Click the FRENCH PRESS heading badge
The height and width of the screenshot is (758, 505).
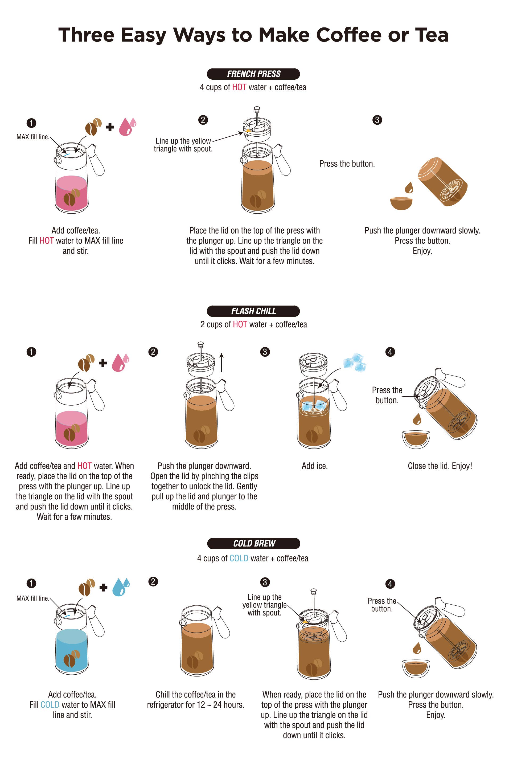click(x=253, y=74)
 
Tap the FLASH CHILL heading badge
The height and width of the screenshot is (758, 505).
click(x=253, y=311)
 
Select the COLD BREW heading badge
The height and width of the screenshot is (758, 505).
click(x=254, y=543)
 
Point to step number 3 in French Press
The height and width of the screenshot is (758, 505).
click(x=377, y=120)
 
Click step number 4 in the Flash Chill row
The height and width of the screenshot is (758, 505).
click(x=390, y=352)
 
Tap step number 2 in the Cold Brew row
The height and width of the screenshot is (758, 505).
click(x=153, y=581)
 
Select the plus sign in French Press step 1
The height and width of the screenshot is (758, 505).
click(x=110, y=127)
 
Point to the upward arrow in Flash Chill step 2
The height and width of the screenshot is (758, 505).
click(x=221, y=362)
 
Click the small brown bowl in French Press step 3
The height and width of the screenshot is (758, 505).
click(x=401, y=203)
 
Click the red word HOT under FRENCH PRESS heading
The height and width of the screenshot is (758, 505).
click(x=239, y=87)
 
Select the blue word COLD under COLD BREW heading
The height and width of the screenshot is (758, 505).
click(x=239, y=558)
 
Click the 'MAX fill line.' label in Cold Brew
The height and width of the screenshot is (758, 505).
click(x=33, y=598)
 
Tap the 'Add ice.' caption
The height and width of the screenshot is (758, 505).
click(x=315, y=466)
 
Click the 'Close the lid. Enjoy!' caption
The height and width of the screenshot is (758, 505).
click(x=440, y=466)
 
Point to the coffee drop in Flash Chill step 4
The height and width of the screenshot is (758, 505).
click(x=417, y=419)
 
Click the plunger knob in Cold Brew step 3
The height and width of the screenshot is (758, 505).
click(x=313, y=591)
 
